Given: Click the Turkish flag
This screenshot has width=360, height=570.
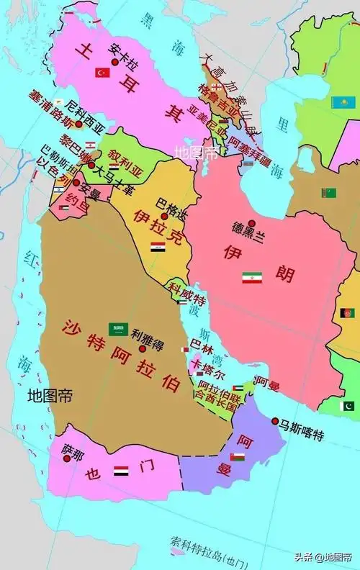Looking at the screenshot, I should pyautogui.click(x=102, y=73).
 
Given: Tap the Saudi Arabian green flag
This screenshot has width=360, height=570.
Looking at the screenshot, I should pyautogui.click(x=118, y=329).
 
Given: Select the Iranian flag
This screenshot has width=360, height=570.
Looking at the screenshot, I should pyautogui.click(x=252, y=277).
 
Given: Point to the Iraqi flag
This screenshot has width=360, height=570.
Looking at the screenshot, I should pyautogui.click(x=158, y=247).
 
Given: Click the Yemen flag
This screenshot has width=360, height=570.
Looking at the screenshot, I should pyautogui.click(x=121, y=471).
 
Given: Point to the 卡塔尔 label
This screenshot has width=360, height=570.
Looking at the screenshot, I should pyautogui.click(x=209, y=375).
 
